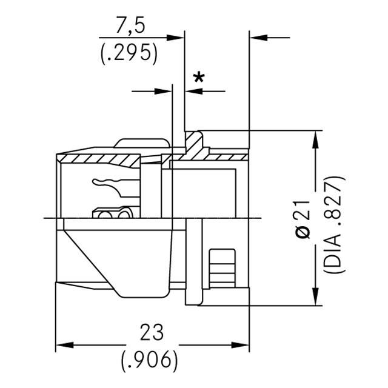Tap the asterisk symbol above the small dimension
pyautogui.click(x=198, y=78)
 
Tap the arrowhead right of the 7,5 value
pyautogui.click(x=176, y=38)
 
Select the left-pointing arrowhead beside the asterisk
pyautogui.click(x=193, y=92)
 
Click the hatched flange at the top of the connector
pyautogui.click(x=194, y=143)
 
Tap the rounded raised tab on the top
pyautogui.click(x=142, y=144)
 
